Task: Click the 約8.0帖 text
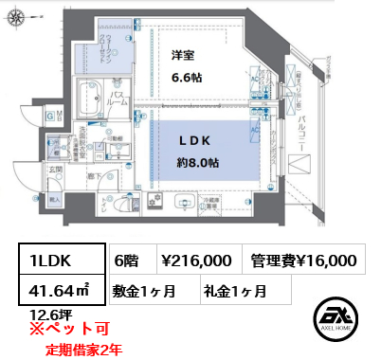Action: (199, 162)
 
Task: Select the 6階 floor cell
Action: (130, 260)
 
